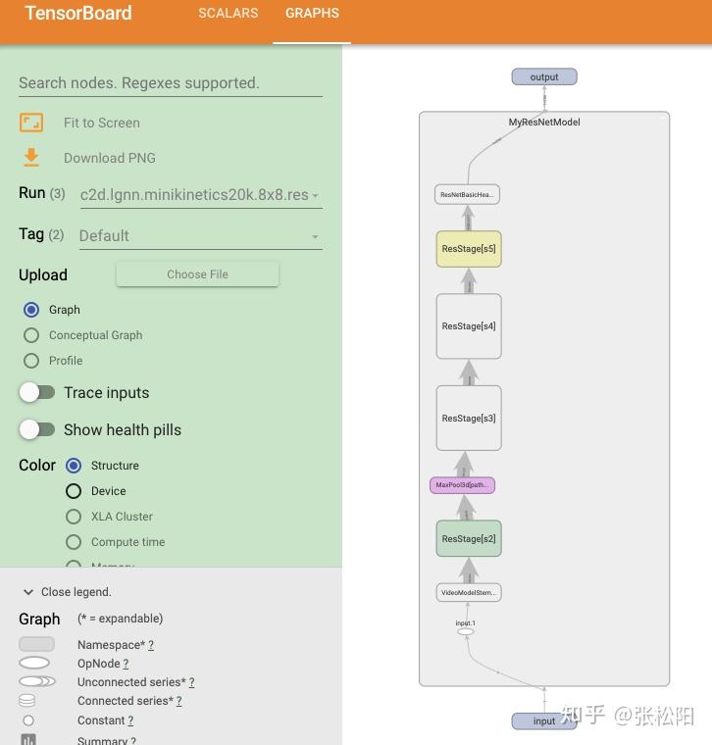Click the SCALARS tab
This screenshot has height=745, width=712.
coord(228,14)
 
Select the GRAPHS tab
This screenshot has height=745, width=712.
coord(312,14)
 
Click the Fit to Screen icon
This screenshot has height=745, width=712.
coord(31,123)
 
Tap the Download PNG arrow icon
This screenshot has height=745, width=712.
coord(31,157)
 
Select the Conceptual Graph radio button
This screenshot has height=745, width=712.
coord(31,335)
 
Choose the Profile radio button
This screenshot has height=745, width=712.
coord(31,361)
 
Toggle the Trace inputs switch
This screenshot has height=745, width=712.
coord(37,392)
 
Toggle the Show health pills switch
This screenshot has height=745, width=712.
coord(37,429)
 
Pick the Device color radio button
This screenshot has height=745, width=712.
coord(74,491)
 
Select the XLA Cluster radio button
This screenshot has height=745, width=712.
coord(74,517)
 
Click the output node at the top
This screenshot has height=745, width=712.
coord(544,77)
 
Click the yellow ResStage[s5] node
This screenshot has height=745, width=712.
coord(469,249)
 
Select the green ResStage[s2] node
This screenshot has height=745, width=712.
coord(469,538)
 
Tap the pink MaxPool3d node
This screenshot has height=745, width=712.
coord(462,485)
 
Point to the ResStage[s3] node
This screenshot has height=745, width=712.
coord(469,418)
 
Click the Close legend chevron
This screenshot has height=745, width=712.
coord(28,592)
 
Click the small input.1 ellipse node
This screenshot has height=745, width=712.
coord(466,632)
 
